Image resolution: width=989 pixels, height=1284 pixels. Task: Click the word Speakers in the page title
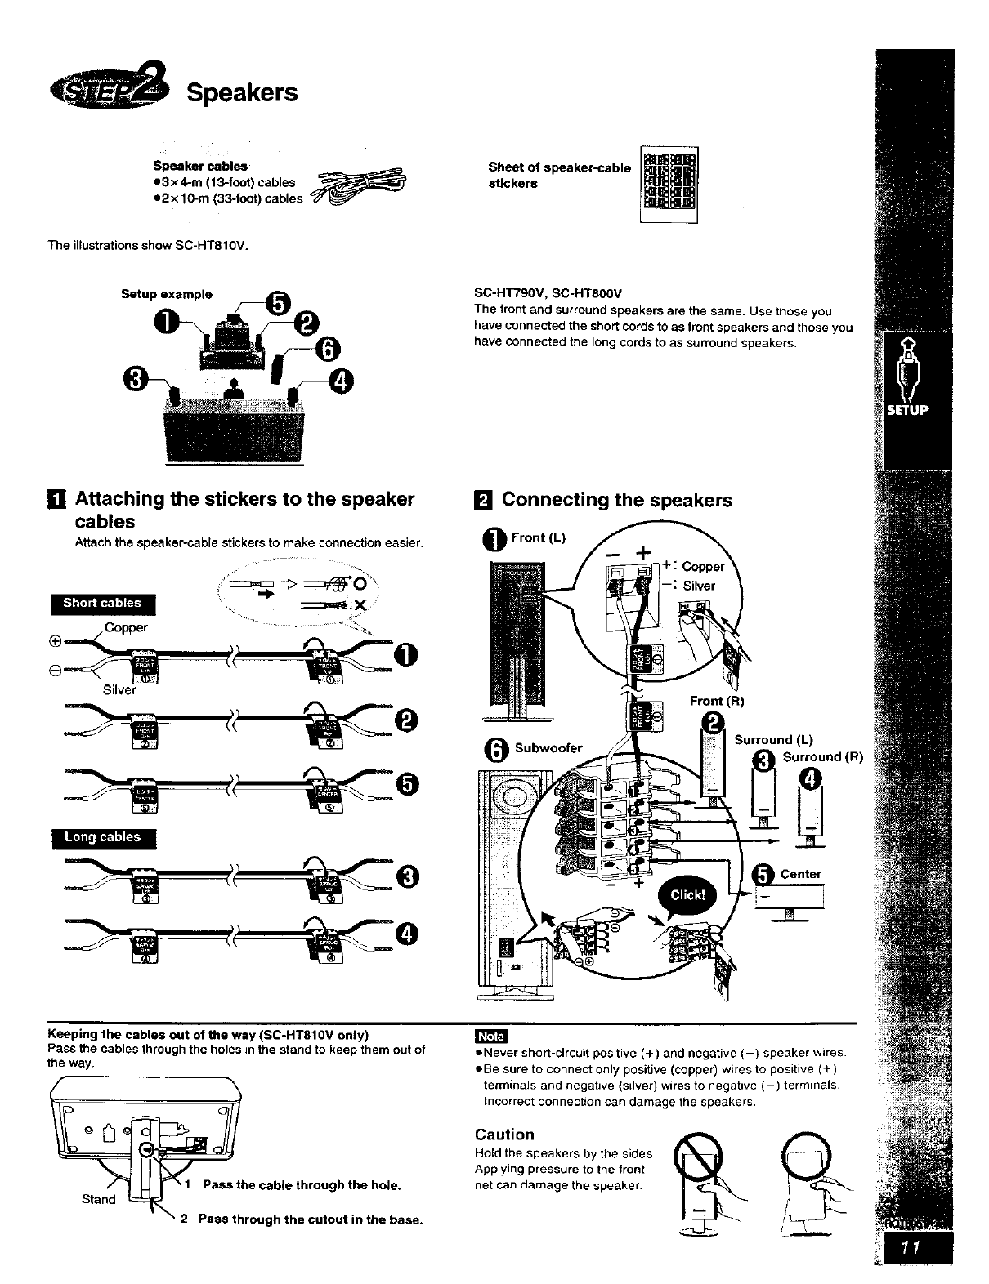pos(242,92)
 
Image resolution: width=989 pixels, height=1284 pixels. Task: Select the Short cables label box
pos(102,604)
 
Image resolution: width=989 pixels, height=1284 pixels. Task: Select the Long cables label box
pos(102,838)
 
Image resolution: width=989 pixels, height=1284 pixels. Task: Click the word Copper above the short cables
pos(127,627)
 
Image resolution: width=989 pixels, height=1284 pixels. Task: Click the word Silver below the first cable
pos(119,690)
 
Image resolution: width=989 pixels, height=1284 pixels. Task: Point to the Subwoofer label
pos(548,747)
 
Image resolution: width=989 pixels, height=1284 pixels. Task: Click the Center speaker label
pos(800,874)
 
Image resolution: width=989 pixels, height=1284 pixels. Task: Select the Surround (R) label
pos(822,756)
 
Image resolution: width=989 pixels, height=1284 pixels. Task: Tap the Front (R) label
pos(716,701)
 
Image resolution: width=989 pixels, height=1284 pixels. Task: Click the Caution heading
pos(504,1135)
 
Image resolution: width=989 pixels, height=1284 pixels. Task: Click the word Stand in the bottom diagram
pos(98,1199)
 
